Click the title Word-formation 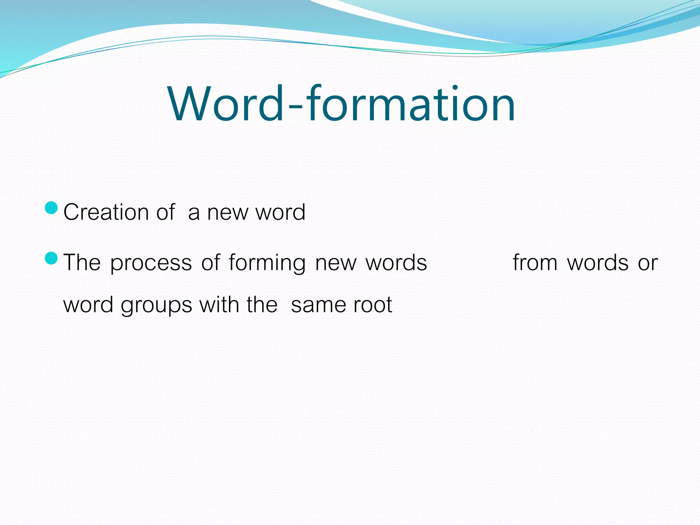pyautogui.click(x=341, y=104)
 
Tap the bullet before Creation pyautogui.click(x=52, y=207)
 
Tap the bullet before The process pyautogui.click(x=52, y=258)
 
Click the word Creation pyautogui.click(x=106, y=212)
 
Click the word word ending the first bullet pyautogui.click(x=280, y=212)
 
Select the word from pyautogui.click(x=535, y=262)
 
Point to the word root pyautogui.click(x=373, y=305)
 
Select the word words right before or pyautogui.click(x=597, y=262)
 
